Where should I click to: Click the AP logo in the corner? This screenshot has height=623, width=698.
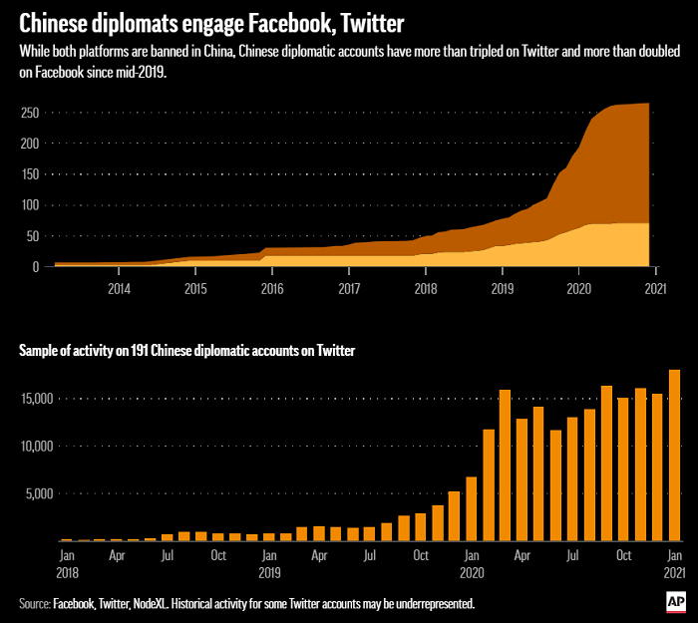click(x=676, y=601)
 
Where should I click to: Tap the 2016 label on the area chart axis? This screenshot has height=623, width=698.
click(x=272, y=289)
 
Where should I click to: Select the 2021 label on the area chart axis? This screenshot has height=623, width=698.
click(x=655, y=289)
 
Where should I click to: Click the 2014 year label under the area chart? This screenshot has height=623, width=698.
click(x=119, y=289)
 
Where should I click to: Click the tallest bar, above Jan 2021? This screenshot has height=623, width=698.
click(x=674, y=456)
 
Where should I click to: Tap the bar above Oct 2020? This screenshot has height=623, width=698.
click(x=623, y=469)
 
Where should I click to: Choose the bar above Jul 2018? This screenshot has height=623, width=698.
click(x=168, y=537)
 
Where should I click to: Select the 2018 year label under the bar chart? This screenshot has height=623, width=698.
click(x=68, y=573)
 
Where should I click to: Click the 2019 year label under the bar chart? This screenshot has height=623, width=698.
click(x=269, y=573)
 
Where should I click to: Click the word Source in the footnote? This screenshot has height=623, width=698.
click(x=33, y=603)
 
